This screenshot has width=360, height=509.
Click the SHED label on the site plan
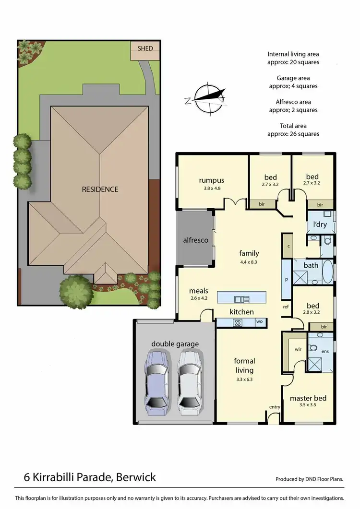coord(145,48)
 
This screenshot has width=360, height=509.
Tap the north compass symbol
coord(205,98)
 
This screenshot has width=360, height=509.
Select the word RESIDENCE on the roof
coord(100,189)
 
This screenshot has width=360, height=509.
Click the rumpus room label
coord(212,180)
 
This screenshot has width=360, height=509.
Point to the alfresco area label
coord(195,239)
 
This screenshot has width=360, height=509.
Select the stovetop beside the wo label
coord(237,322)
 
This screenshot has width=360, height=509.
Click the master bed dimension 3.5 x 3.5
coord(308,405)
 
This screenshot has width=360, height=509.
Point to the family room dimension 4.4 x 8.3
coord(249,262)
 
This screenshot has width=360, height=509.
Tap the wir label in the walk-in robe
coord(297,350)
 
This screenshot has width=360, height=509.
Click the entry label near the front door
coord(275,407)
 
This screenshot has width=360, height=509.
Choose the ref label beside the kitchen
coord(286,307)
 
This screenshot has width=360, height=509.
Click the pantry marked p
coord(286,280)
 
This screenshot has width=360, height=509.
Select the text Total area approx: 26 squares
coord(293,130)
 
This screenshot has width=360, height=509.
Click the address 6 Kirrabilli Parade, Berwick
coord(90,477)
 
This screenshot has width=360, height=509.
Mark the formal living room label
coord(244,365)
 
